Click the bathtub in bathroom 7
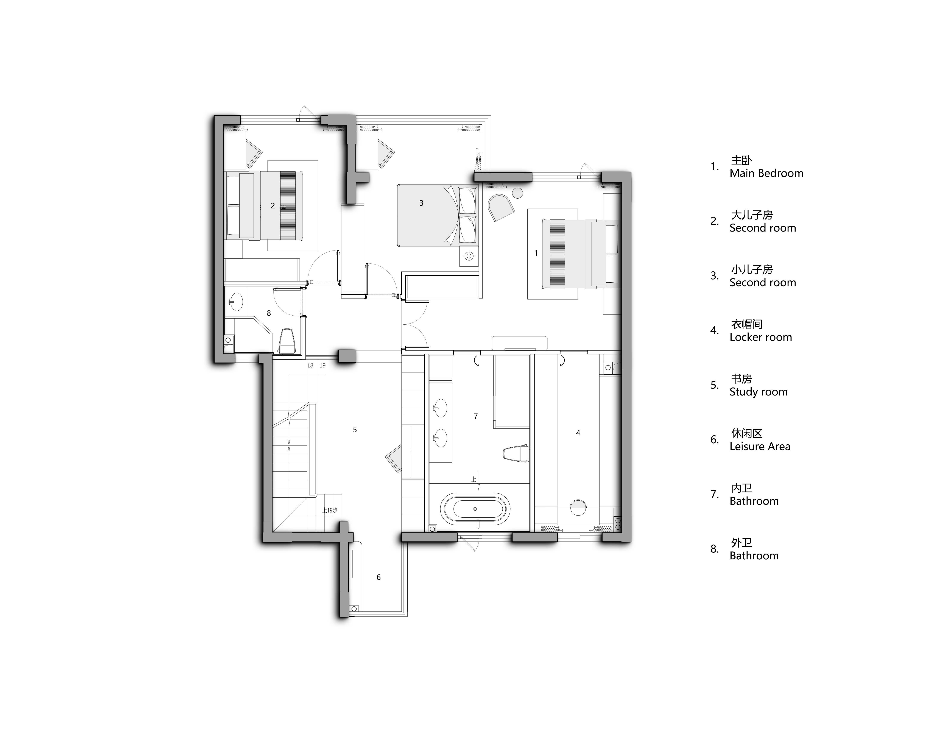click(475, 509)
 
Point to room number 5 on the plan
click(355, 430)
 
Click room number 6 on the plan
click(379, 577)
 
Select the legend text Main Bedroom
click(766, 173)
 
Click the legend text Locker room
click(761, 337)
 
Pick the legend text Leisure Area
click(760, 447)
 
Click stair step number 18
click(310, 365)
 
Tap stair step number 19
click(322, 365)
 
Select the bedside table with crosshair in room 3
click(469, 257)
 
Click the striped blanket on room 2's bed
click(288, 206)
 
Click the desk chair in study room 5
click(394, 458)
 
